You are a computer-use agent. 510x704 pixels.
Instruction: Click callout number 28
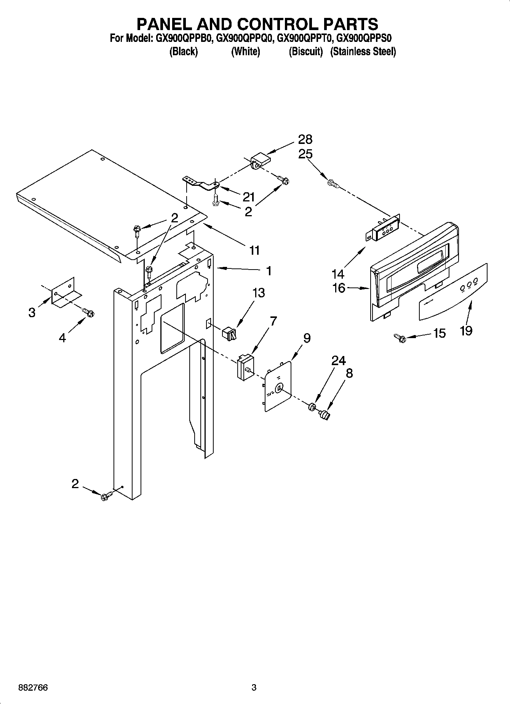[x=305, y=139]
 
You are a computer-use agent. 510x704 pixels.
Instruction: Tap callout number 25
[x=305, y=154]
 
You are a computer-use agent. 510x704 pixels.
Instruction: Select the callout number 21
[x=248, y=197]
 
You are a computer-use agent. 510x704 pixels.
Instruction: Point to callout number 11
[x=254, y=250]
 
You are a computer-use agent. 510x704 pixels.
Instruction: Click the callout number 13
[x=258, y=293]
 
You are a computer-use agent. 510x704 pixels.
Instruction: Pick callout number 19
[x=466, y=330]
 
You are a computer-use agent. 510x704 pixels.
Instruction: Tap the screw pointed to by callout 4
[x=90, y=313]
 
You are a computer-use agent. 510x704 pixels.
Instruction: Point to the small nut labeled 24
[x=312, y=407]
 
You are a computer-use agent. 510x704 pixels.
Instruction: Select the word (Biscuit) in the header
[x=305, y=51]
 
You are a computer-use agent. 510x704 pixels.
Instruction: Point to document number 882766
[x=33, y=688]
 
